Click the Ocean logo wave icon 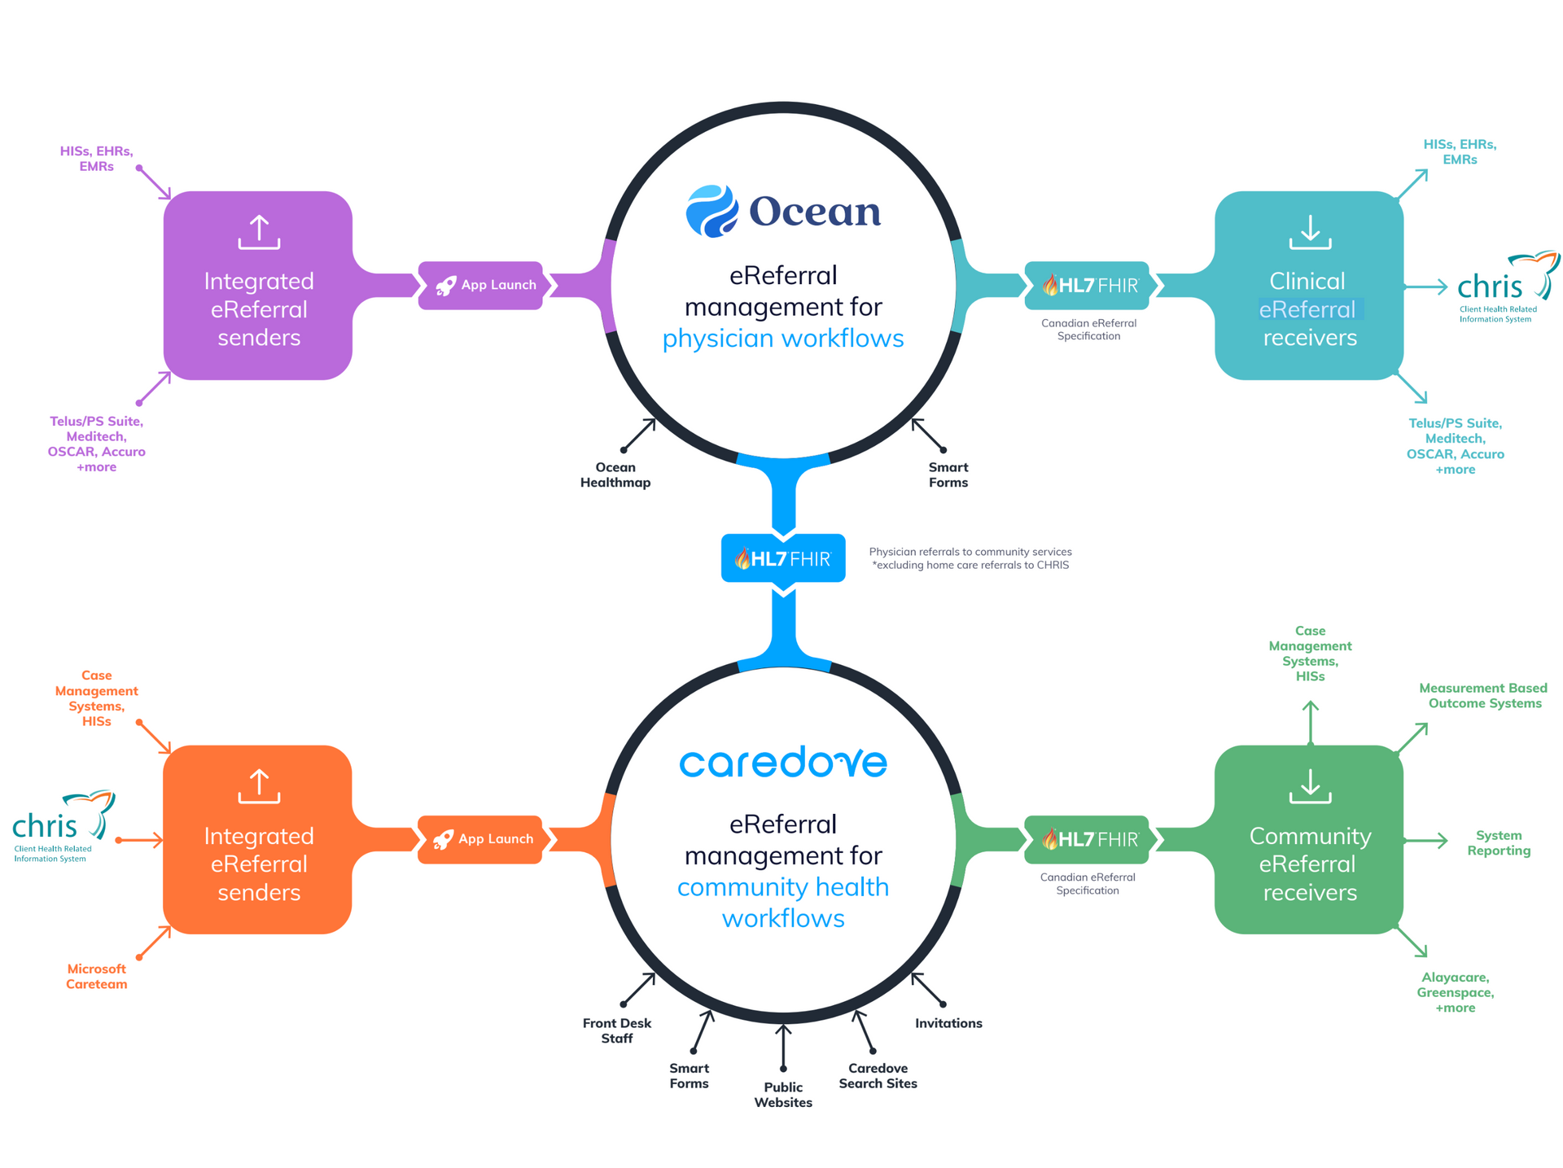click(x=711, y=211)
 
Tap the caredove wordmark click(x=782, y=762)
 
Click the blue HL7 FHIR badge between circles click(x=782, y=558)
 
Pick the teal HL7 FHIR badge click(x=1088, y=285)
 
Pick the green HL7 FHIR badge click(x=1088, y=839)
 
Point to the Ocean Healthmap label click(x=615, y=475)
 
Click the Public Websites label click(x=782, y=1095)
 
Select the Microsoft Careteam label click(x=96, y=976)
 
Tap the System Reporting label click(x=1498, y=842)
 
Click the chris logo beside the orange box click(x=61, y=825)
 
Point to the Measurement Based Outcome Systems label click(x=1483, y=696)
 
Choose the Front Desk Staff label click(x=616, y=1030)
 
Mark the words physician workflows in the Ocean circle click(x=782, y=339)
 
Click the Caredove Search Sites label click(x=878, y=1075)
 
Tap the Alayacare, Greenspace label click(x=1455, y=992)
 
